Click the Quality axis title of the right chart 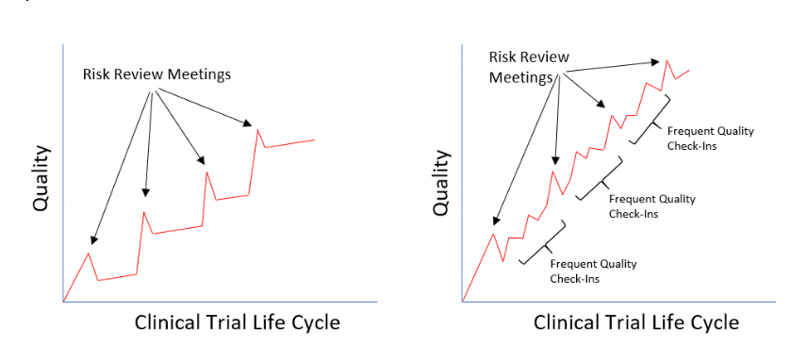[440, 183]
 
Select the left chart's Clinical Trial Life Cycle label [237, 322]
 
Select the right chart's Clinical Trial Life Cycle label [636, 322]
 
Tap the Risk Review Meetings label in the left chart [156, 74]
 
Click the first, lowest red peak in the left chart [89, 253]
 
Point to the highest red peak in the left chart [257, 129]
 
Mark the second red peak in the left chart [144, 212]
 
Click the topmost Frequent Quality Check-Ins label [710, 138]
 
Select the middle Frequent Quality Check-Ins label [652, 205]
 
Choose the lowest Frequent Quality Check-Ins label [594, 270]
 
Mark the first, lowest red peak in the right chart [493, 233]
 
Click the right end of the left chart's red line [314, 139]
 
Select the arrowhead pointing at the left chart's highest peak [250, 123]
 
